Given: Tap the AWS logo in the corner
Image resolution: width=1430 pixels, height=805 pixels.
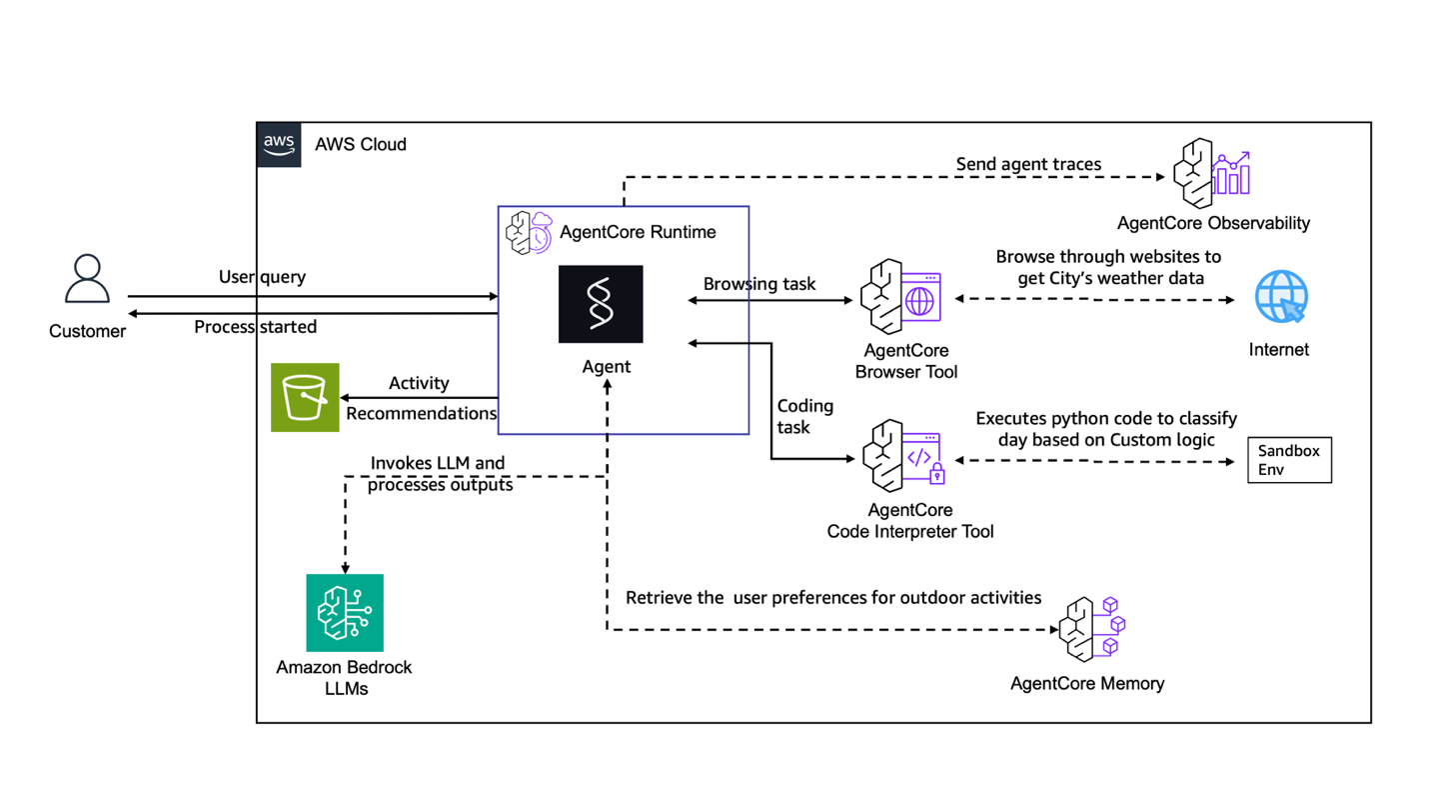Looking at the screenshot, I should [279, 144].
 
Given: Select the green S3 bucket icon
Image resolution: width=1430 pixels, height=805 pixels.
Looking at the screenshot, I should [305, 397].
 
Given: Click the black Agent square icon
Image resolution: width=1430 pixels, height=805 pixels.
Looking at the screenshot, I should [601, 304].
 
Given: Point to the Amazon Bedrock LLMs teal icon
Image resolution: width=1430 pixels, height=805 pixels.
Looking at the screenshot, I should [345, 612].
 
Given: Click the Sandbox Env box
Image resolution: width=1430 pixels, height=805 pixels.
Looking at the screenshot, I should [1289, 460].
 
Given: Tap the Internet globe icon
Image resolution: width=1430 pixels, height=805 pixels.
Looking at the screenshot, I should [1281, 297].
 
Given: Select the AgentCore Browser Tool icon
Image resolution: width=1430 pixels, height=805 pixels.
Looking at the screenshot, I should [899, 296].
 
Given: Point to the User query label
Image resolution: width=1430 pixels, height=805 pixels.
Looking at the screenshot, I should [262, 277].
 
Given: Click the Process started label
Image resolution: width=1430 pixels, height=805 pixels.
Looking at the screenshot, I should [255, 327].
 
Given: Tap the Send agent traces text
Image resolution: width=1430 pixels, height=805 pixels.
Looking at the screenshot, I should [1028, 164].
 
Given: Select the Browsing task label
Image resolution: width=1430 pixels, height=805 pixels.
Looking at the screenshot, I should [759, 284].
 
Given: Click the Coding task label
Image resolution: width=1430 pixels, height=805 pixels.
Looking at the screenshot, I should [805, 416].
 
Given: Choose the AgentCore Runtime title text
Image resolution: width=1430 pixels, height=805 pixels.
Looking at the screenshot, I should [638, 232].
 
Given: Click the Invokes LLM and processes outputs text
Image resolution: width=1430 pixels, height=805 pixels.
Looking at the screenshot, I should [439, 474].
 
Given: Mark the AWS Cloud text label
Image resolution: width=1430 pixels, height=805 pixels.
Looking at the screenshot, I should [361, 144].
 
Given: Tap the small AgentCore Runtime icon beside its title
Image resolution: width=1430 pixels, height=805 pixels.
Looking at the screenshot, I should [529, 232].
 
